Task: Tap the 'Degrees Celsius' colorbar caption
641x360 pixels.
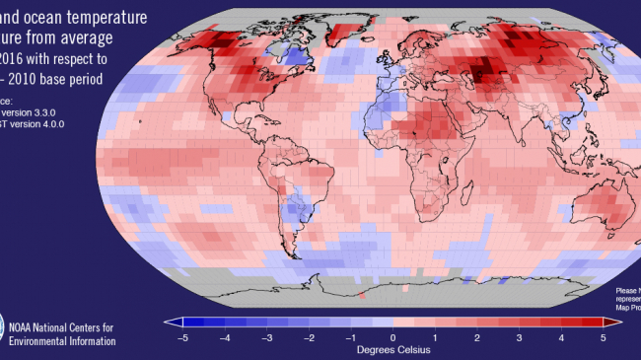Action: pos(392,349)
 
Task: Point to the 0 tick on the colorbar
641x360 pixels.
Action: pos(392,336)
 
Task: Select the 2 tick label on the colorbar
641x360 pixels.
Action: pos(477,336)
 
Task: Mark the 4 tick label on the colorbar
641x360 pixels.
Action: pos(561,336)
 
